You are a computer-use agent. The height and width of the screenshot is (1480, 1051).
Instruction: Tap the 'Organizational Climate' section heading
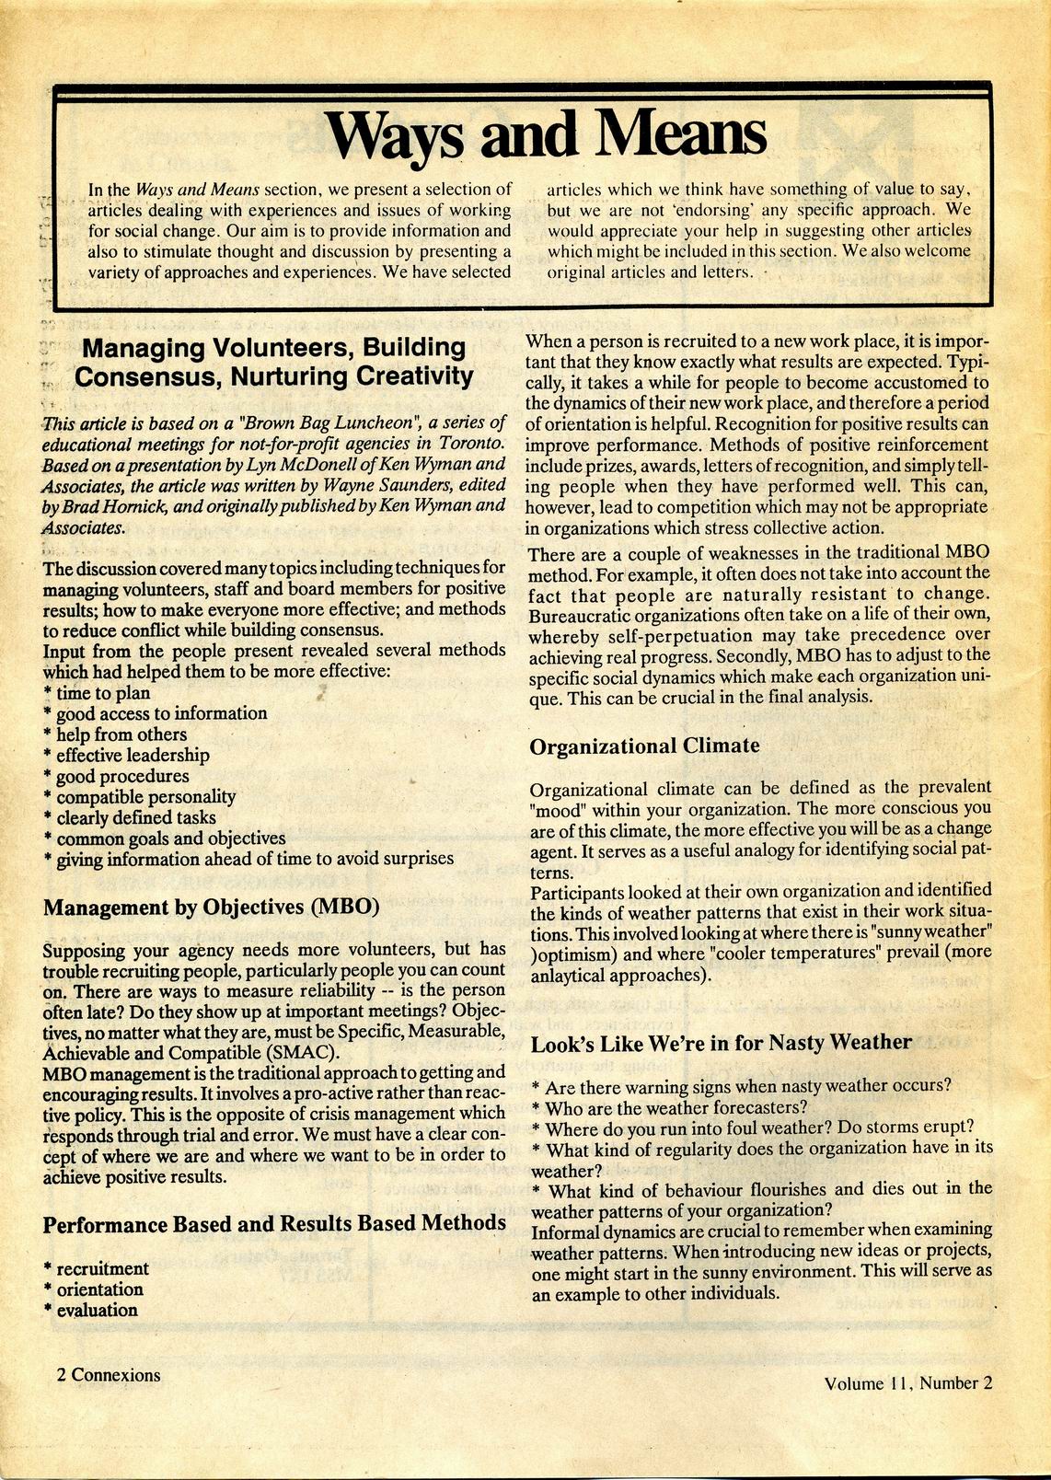644,746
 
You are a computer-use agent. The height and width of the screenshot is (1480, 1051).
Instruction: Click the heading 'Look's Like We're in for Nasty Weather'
721,1042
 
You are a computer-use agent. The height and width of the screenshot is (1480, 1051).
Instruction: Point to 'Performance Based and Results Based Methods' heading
274,1223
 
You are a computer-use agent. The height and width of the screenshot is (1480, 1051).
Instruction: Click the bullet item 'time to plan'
102,693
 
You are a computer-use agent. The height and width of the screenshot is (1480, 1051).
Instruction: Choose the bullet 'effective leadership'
133,756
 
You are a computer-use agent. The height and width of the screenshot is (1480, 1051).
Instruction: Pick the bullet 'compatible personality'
145,797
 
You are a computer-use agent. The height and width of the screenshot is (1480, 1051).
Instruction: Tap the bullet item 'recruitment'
102,1269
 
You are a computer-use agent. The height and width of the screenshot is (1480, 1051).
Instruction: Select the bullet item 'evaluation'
97,1311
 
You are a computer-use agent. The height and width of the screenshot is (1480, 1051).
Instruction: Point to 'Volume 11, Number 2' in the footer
908,1382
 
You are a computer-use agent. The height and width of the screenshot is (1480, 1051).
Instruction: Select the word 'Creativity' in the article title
415,376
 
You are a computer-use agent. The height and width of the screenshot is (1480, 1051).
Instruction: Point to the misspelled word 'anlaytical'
575,975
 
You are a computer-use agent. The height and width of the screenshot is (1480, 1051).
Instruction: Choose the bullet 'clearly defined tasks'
136,818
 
